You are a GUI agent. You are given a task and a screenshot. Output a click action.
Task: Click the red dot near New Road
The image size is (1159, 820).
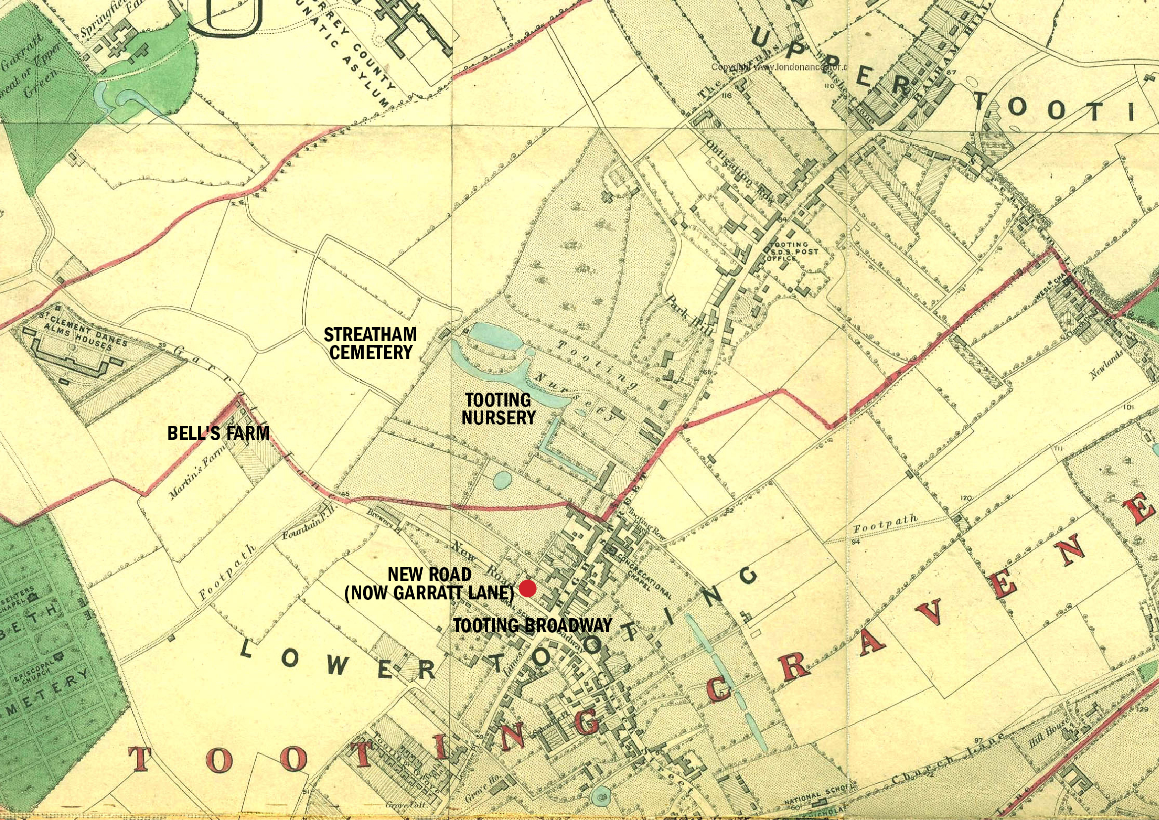528,589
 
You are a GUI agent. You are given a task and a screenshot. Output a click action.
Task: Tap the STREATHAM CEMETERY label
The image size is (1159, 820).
371,344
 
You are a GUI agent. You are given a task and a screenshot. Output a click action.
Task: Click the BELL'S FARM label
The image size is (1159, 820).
218,433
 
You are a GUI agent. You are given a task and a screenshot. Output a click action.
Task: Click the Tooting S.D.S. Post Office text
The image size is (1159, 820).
791,251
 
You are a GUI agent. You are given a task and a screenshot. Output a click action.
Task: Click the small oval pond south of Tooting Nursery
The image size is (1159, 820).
501,480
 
